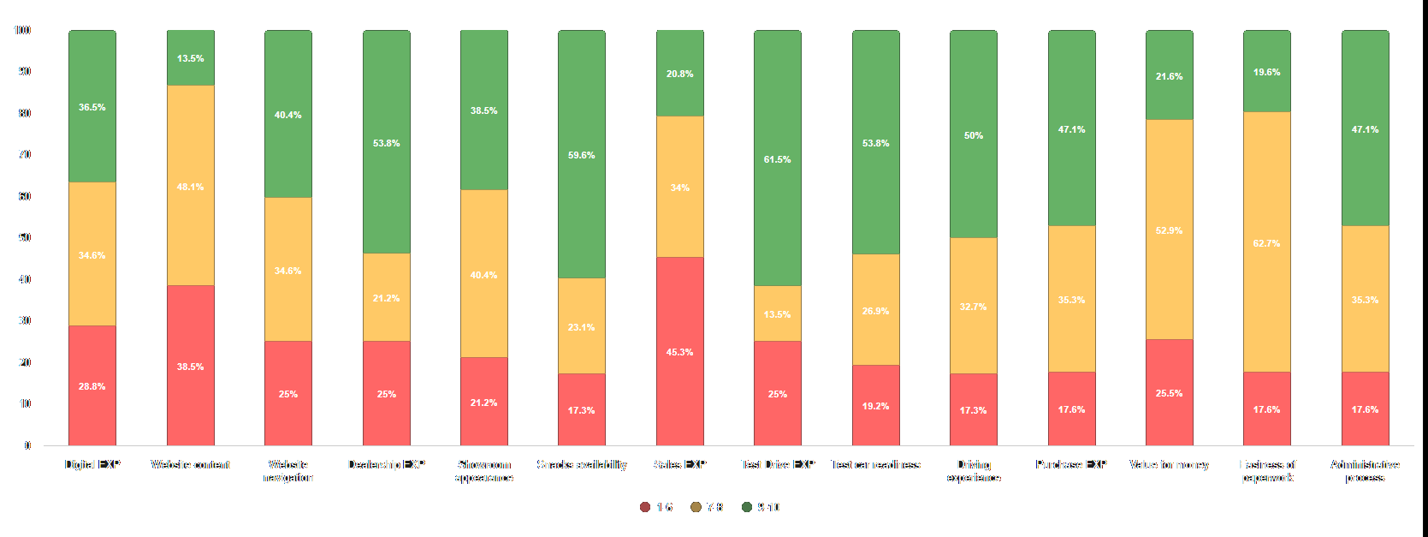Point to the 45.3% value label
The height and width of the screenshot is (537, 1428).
point(679,352)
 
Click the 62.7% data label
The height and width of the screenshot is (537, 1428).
point(1266,243)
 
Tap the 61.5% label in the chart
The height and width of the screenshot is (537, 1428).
point(777,159)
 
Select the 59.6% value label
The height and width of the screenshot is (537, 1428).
point(582,155)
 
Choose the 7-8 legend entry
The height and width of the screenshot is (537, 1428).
point(708,507)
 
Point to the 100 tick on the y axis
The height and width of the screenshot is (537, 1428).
point(22,30)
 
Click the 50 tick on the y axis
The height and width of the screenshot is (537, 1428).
point(25,237)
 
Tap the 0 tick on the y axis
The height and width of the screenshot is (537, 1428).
point(27,445)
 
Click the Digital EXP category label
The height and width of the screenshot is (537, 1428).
point(92,464)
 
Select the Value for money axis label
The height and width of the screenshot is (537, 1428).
point(1169,464)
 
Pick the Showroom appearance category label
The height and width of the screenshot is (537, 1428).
point(484,471)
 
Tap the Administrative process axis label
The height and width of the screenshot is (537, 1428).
point(1365,471)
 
